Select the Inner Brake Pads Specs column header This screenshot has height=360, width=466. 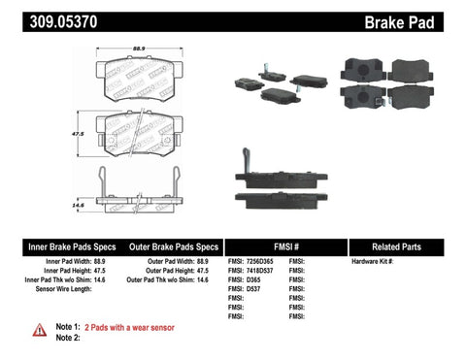click(58, 246)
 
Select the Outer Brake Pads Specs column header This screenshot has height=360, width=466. click(171, 246)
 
